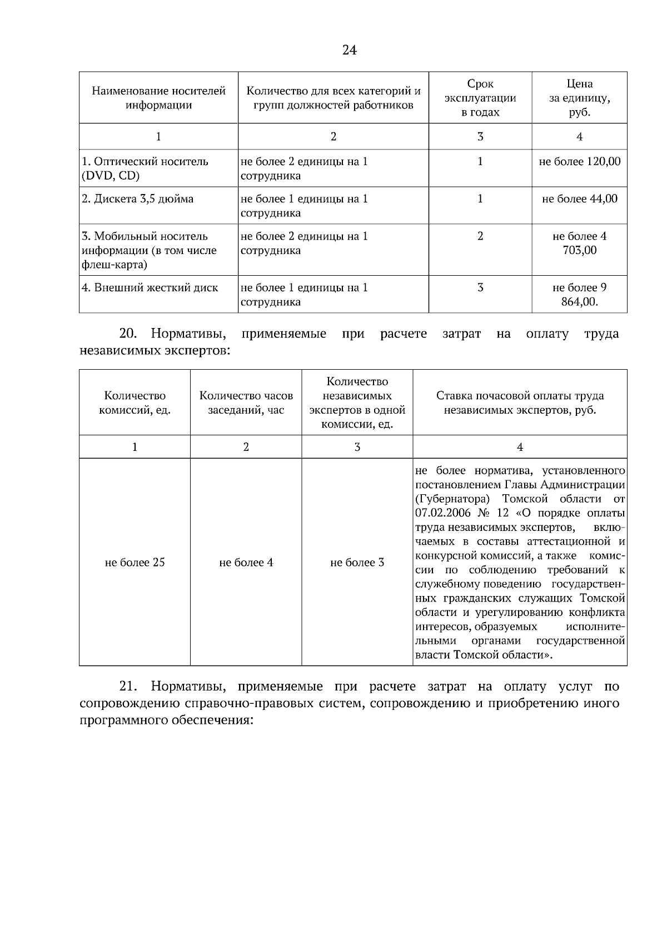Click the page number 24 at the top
tap(349, 51)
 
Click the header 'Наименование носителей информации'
tap(158, 98)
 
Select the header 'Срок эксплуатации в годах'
tap(480, 98)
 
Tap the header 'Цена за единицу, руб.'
tap(579, 98)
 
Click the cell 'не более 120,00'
tap(580, 162)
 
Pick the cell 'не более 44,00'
tap(580, 199)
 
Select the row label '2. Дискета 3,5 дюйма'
tap(138, 199)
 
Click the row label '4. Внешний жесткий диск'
tap(150, 288)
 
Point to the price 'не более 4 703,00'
tap(580, 243)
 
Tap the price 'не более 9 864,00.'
tap(580, 295)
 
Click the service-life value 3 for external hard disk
tap(480, 288)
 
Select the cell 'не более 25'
tap(135, 563)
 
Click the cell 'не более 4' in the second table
tap(246, 563)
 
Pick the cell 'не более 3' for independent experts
tap(357, 563)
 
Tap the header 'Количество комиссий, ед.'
tap(135, 403)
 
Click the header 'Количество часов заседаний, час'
tap(246, 403)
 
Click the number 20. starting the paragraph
tap(128, 334)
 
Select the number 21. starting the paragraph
tap(128, 687)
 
